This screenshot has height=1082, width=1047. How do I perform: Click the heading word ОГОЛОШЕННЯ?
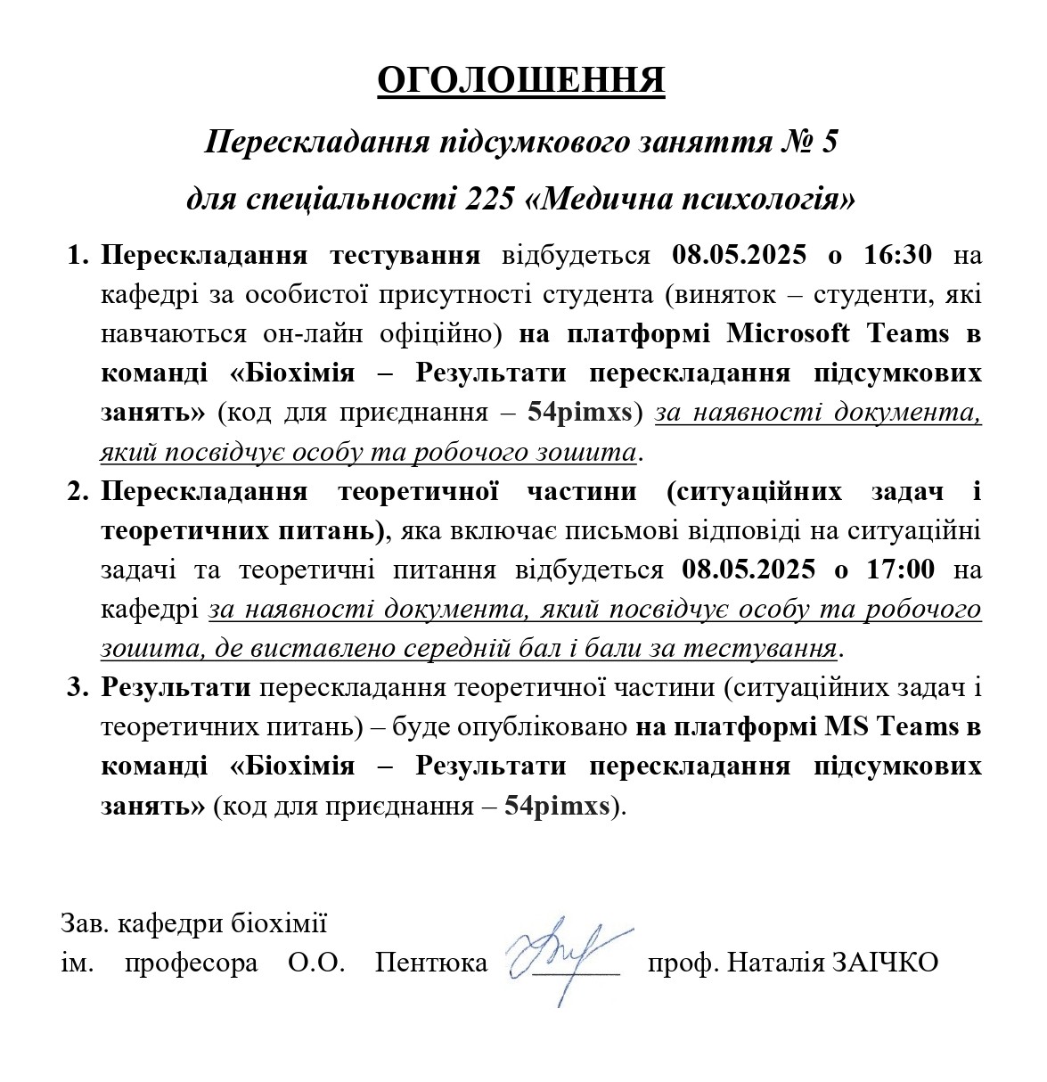coord(521,80)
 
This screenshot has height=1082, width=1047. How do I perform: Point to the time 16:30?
coord(898,255)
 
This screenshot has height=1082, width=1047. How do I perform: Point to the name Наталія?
coord(774,963)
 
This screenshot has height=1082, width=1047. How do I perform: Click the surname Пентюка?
coord(431,963)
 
